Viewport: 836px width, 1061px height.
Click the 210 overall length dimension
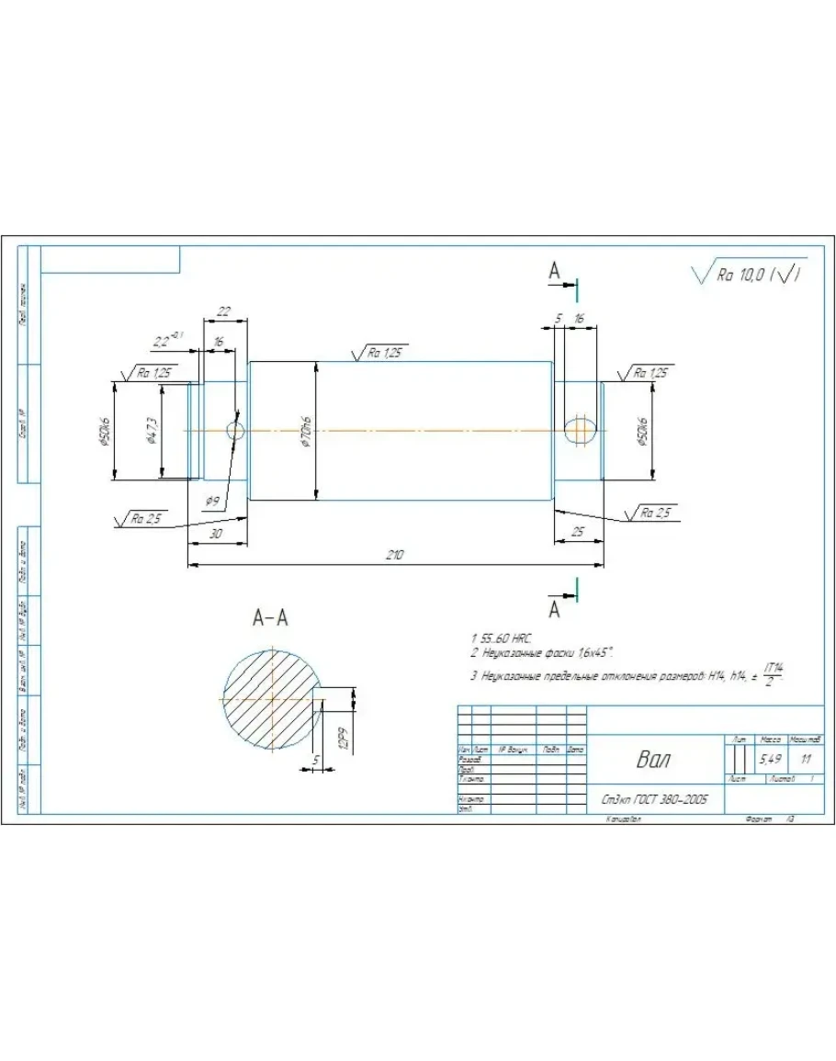395,555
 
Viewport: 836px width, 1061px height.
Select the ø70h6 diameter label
306,431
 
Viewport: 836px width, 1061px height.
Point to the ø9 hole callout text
212,501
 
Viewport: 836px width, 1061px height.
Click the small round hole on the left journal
235,430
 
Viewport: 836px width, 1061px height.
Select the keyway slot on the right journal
580,430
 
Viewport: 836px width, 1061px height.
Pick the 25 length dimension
577,532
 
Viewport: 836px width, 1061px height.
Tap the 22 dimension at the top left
223,311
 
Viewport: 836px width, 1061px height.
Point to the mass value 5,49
769,760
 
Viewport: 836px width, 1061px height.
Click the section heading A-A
270,618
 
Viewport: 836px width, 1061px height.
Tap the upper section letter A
554,270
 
